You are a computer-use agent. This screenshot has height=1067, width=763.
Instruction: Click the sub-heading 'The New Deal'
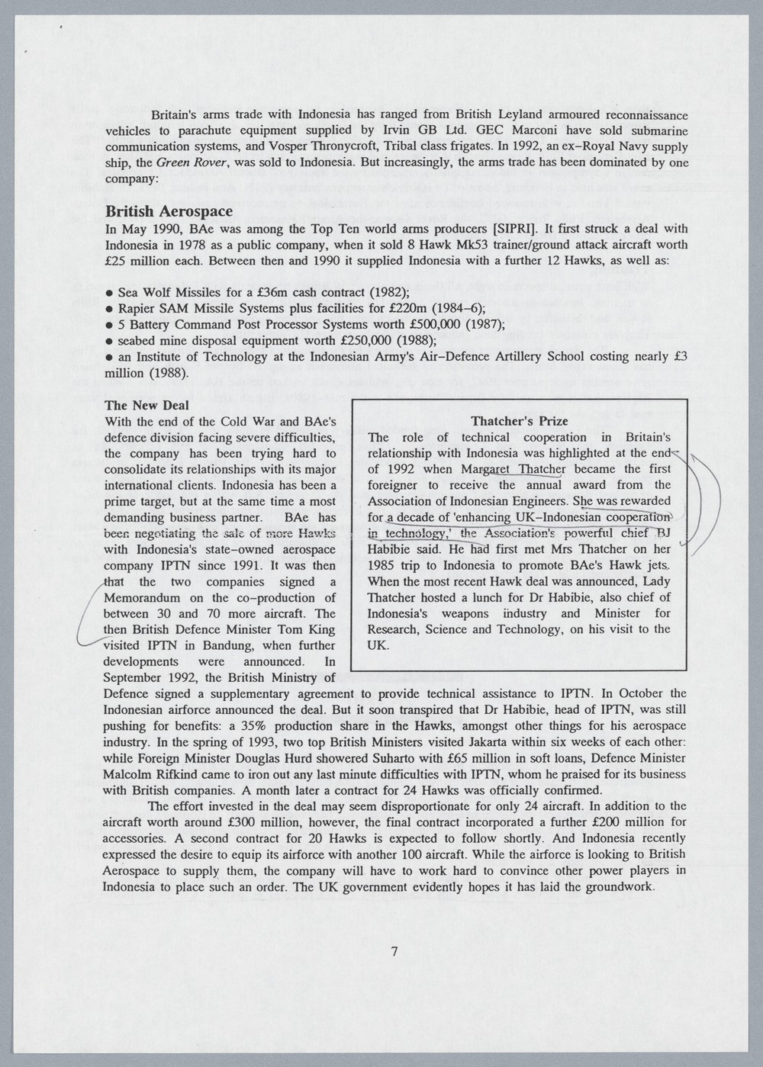coord(146,406)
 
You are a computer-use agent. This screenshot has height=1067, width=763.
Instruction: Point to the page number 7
coord(394,951)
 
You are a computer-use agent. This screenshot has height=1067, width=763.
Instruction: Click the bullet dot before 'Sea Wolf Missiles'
coord(110,293)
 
